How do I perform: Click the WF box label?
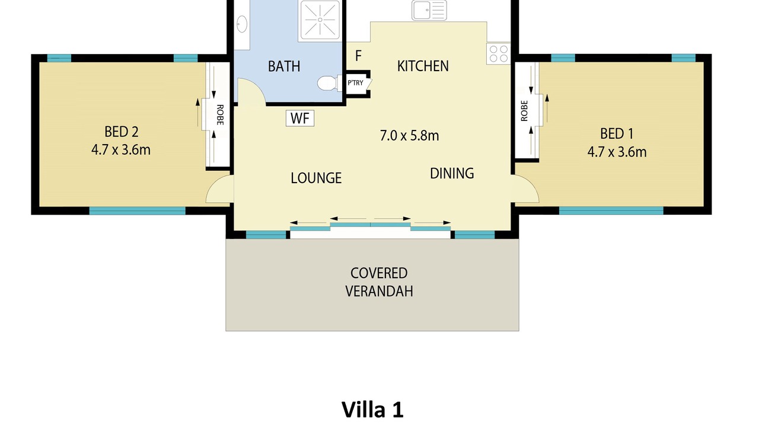click(300, 118)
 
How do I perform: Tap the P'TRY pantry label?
click(355, 82)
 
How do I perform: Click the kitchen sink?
click(429, 10)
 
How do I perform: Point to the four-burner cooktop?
click(499, 54)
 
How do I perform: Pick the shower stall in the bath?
click(320, 21)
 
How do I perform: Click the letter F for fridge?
click(358, 56)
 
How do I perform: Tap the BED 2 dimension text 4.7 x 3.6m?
click(121, 150)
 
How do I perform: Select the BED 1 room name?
click(617, 133)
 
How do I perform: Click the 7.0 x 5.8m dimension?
click(409, 136)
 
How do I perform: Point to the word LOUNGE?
click(316, 178)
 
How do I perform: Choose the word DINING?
click(452, 174)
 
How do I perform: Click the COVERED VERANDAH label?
click(379, 282)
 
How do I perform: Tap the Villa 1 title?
click(372, 409)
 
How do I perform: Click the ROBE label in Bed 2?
click(220, 115)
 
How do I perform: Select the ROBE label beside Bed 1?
click(524, 111)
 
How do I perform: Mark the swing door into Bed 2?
click(219, 189)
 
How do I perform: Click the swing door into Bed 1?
click(525, 189)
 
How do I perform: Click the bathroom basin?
click(241, 24)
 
